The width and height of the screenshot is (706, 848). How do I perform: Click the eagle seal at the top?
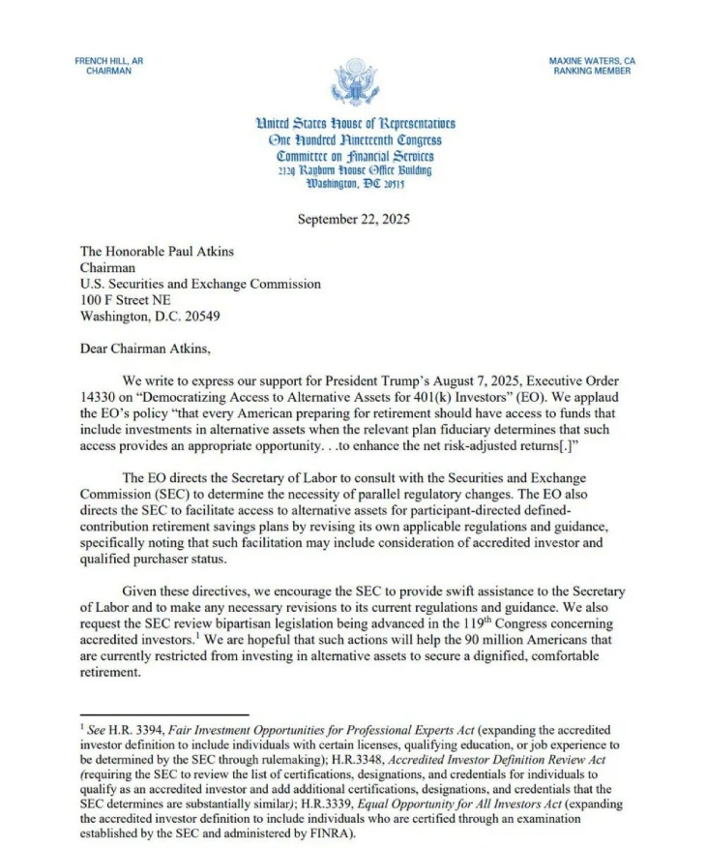[x=355, y=82]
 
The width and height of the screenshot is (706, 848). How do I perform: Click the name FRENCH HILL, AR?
[x=108, y=61]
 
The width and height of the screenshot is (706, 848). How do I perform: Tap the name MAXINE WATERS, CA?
[x=592, y=61]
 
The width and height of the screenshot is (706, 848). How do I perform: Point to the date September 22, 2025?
[x=354, y=220]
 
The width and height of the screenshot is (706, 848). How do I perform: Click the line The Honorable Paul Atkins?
[x=157, y=252]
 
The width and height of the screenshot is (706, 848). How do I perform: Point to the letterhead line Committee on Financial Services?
[x=355, y=156]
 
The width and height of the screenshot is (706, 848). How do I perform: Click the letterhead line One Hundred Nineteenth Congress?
[x=355, y=139]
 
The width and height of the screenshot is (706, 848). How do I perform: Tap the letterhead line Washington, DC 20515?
[x=355, y=184]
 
